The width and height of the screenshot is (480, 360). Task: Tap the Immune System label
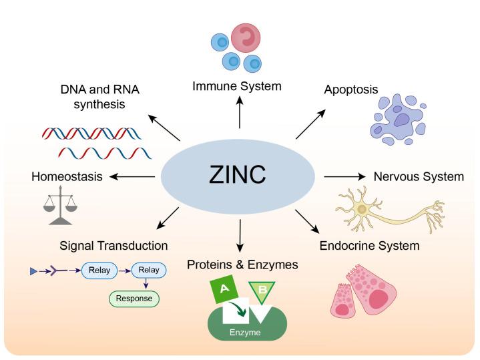[x=237, y=86]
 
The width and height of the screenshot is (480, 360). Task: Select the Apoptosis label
[x=350, y=89]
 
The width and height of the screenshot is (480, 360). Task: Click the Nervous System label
[x=418, y=177]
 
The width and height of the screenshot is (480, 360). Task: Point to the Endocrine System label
[x=369, y=246]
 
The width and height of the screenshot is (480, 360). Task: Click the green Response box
[x=134, y=298]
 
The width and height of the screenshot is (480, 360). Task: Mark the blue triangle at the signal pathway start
[x=34, y=271]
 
